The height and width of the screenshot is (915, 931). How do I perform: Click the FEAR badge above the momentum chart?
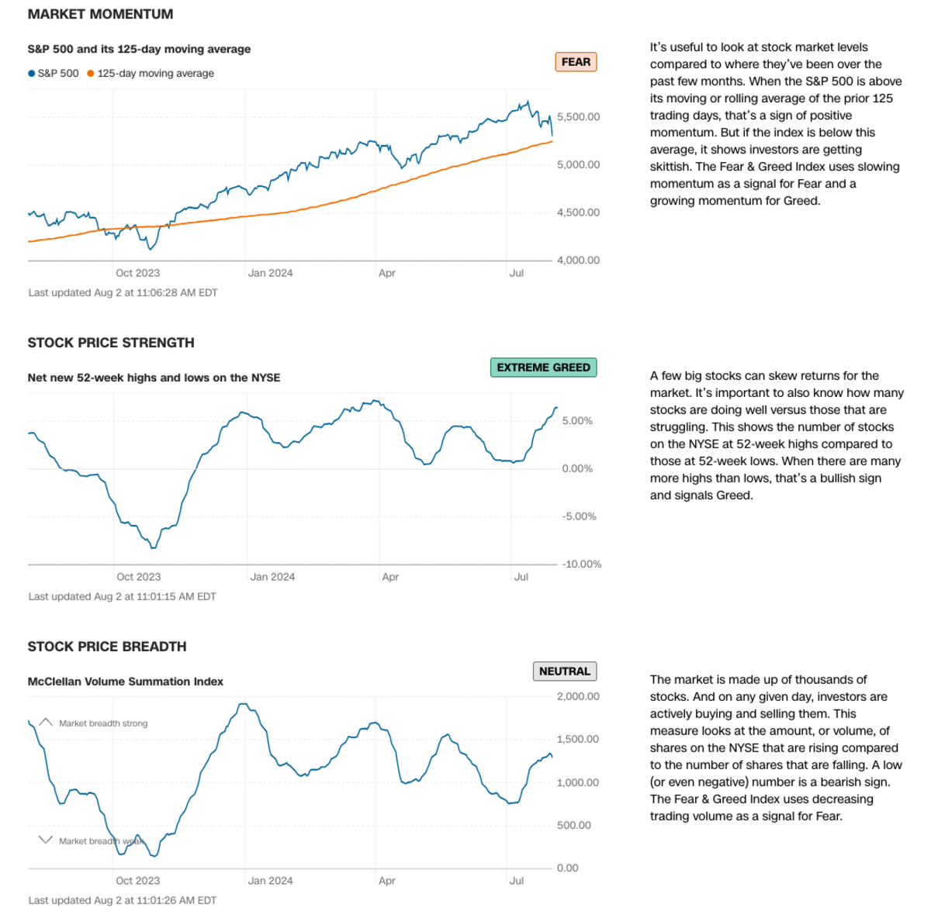point(576,62)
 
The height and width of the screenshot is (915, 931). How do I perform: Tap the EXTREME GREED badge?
point(543,368)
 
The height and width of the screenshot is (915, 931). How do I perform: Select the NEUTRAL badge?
point(564,672)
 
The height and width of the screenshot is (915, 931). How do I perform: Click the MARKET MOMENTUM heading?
point(100,14)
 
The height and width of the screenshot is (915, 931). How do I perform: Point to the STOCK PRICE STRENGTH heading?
point(111,343)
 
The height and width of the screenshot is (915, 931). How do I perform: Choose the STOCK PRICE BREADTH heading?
point(107,647)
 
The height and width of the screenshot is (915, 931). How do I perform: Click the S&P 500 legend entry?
point(54,74)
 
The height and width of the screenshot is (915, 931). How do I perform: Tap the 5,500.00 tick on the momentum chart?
point(578,117)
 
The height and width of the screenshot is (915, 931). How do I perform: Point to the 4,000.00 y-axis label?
point(578,261)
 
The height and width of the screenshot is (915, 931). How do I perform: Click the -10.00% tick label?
point(581,565)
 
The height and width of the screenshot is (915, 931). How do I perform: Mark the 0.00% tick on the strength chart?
point(577,469)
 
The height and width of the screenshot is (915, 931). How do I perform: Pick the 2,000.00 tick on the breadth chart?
point(578,696)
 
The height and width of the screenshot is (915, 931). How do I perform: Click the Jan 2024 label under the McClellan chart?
point(270,881)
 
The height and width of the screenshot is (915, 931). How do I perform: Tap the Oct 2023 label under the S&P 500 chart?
point(137,273)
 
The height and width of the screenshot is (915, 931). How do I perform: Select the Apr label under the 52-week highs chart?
point(390,577)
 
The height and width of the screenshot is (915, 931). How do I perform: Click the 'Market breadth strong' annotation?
point(103,723)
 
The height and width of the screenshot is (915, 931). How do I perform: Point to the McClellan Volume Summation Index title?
point(126,682)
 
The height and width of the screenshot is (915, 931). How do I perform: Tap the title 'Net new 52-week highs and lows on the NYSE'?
point(154,378)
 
